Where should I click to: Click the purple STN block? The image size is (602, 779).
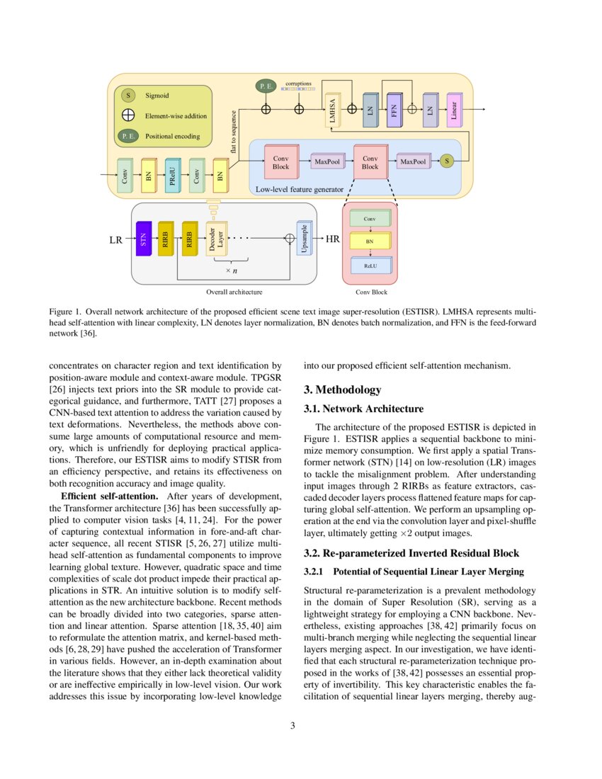coord(143,239)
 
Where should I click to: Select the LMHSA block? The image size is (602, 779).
coord(333,110)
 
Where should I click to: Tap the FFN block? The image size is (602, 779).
coord(394,110)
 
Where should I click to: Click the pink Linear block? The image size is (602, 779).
coord(454,110)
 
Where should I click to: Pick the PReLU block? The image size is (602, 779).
coord(173,176)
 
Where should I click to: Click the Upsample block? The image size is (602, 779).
coord(303,239)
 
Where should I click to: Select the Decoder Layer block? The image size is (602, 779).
coord(215,239)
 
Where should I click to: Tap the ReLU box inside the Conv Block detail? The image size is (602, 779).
coord(370,266)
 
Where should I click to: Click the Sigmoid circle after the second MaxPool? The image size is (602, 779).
coord(447,162)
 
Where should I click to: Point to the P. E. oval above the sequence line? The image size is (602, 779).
coord(266,86)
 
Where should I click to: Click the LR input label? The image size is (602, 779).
coord(116,240)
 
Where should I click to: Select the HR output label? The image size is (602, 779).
coord(333,239)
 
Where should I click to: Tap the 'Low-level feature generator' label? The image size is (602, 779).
coord(299,189)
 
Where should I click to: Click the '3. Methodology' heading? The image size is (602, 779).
coord(342,390)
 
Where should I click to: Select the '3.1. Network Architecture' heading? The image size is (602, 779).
coord(363,409)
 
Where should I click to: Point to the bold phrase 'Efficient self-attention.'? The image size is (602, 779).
coord(112,494)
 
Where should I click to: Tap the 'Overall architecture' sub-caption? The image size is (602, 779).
coord(234,291)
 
